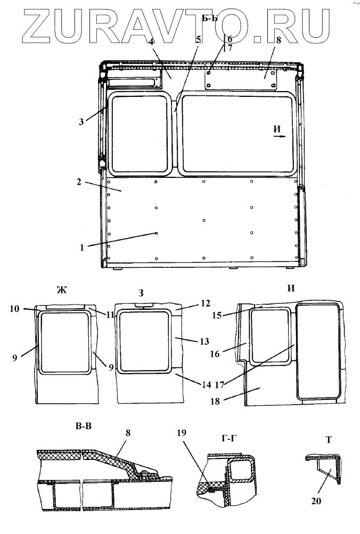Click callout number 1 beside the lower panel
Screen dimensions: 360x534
(81, 248)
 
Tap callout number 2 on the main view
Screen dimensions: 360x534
(79, 182)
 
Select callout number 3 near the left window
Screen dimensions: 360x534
(81, 121)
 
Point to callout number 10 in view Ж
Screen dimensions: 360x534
(15, 309)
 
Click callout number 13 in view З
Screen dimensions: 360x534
(204, 341)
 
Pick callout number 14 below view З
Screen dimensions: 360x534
(207, 384)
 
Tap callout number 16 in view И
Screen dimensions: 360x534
(215, 354)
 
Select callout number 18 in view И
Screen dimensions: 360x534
(215, 401)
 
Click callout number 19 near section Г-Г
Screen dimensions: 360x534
(182, 432)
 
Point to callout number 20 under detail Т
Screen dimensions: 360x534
(316, 500)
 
